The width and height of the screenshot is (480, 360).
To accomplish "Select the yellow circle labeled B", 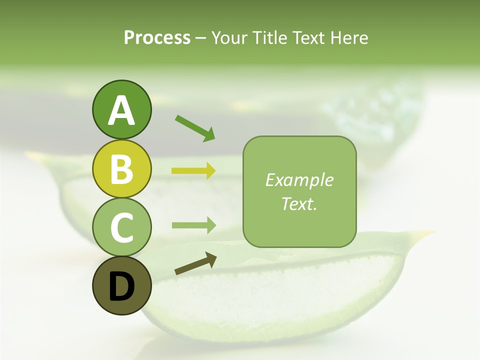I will (121, 169).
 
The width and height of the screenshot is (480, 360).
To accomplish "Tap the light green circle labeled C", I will (121, 227).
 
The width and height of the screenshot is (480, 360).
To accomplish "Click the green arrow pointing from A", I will (195, 128).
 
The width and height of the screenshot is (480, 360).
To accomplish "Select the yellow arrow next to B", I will (193, 171).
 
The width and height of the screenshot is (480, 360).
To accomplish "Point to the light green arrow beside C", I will (193, 225).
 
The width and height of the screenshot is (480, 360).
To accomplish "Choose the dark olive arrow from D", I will (195, 264).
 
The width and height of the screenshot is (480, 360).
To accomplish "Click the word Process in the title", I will (157, 38).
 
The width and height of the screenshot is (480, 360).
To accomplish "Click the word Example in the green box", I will (299, 180).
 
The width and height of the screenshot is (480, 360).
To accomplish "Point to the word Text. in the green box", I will (299, 204).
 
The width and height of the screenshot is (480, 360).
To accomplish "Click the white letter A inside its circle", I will (121, 111).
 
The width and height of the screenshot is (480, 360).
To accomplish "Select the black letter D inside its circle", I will (121, 287).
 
